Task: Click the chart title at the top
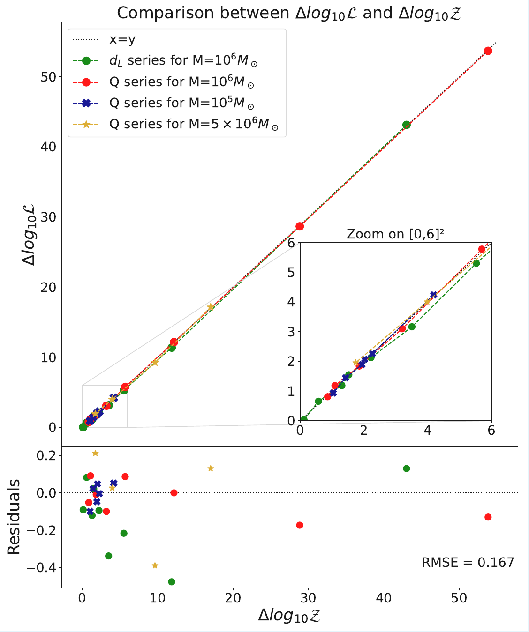[289, 13]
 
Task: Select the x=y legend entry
[122, 39]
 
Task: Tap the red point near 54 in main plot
[488, 51]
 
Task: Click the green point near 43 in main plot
[407, 125]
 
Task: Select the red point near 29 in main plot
[300, 226]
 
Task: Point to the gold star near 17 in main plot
[211, 307]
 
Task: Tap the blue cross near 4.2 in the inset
[434, 295]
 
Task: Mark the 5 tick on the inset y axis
[291, 272]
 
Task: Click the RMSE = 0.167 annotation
[468, 562]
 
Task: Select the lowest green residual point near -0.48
[172, 581]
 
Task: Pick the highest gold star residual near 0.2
[95, 453]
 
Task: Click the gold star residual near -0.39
[155, 565]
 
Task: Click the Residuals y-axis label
[14, 517]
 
